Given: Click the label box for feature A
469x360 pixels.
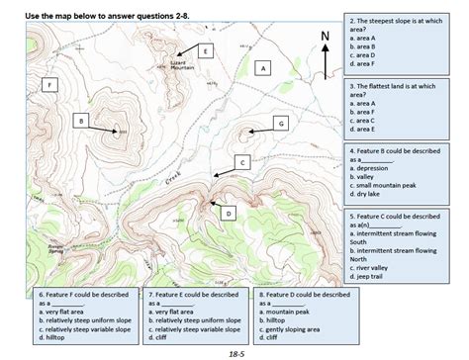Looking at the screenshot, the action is (x=262, y=69).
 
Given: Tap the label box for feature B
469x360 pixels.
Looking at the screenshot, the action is (x=79, y=120).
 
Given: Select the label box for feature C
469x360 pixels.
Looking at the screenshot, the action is (x=241, y=160).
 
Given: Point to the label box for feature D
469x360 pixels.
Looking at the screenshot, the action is (x=229, y=212).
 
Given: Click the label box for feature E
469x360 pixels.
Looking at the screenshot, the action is (x=204, y=50).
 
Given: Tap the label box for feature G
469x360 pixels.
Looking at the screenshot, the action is (x=280, y=123).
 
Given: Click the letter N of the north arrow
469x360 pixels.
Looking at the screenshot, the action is (x=324, y=36).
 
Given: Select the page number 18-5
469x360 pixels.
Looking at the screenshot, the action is (x=234, y=352).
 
